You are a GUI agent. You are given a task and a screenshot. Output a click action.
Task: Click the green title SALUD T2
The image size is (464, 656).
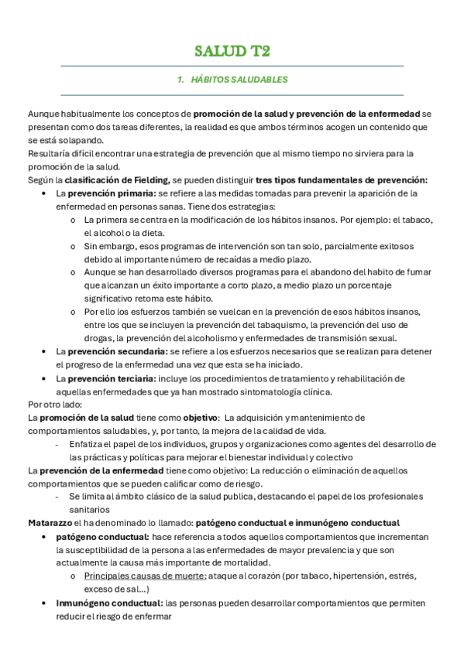pyautogui.click(x=232, y=52)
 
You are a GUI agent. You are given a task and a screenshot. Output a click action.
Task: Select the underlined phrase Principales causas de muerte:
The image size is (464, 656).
pyautogui.click(x=145, y=576)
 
